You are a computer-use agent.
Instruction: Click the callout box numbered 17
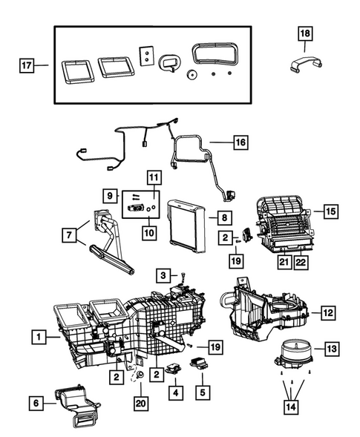pos(26,66)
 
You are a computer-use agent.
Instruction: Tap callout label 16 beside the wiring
pos(239,141)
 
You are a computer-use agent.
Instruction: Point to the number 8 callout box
pos(222,217)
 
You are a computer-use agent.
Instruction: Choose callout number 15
pos(330,211)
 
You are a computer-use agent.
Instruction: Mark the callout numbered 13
pos(331,349)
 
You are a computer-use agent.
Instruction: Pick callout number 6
pos(35,404)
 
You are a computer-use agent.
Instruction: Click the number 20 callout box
pos(141,403)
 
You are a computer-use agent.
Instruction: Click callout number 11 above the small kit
pos(153,177)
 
